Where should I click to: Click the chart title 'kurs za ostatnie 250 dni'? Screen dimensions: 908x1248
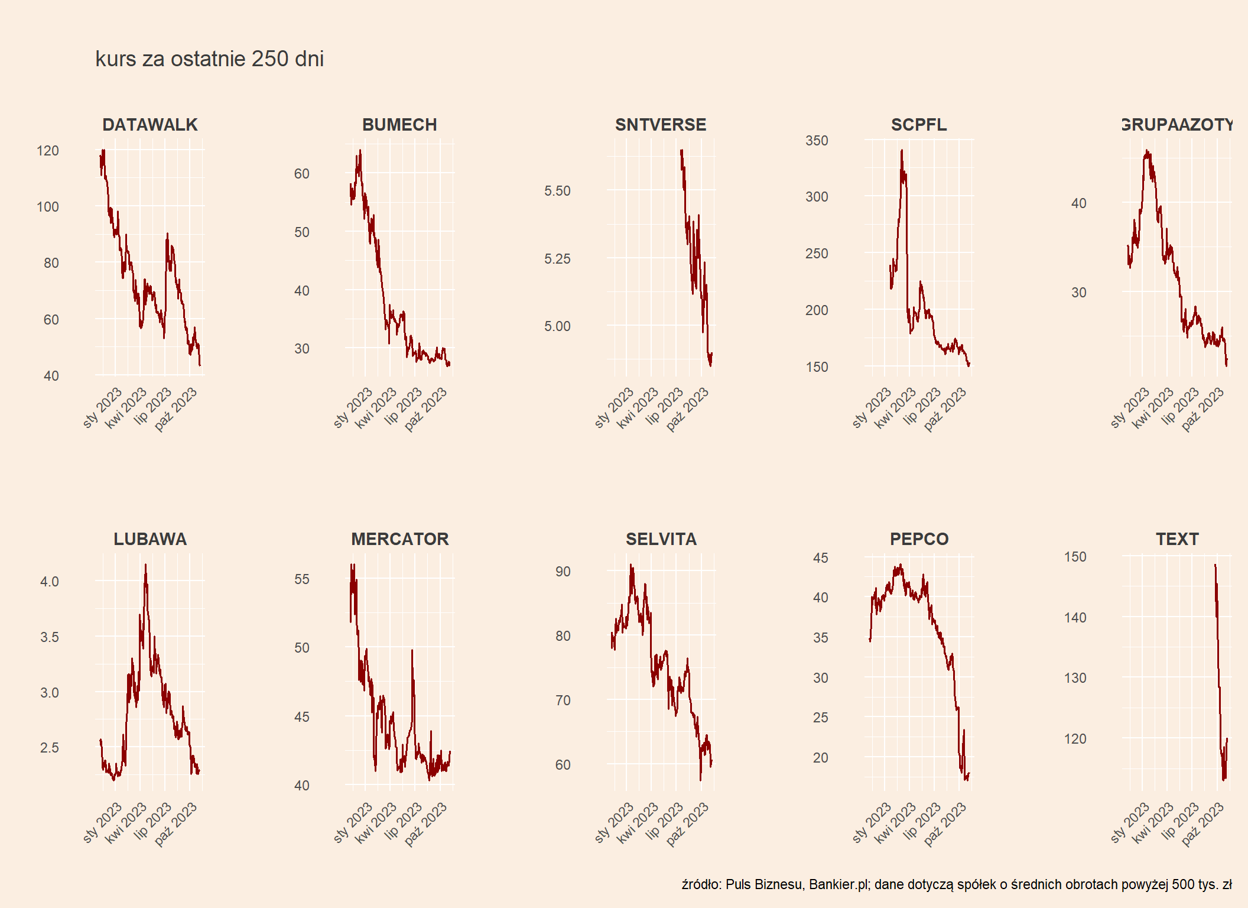pyautogui.click(x=209, y=59)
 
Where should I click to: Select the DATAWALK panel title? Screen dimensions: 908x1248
pyautogui.click(x=150, y=125)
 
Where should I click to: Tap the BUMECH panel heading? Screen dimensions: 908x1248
pyautogui.click(x=399, y=125)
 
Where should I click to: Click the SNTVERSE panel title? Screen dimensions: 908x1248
pyautogui.click(x=661, y=125)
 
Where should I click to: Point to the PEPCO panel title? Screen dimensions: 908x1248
pyautogui.click(x=919, y=539)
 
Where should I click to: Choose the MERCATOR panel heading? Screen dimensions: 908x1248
pyautogui.click(x=400, y=539)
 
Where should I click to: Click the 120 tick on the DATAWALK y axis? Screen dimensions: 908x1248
pyautogui.click(x=48, y=151)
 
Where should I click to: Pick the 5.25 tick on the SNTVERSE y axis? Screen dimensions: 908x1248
pyautogui.click(x=557, y=259)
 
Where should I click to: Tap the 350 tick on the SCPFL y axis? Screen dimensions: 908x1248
pyautogui.click(x=817, y=141)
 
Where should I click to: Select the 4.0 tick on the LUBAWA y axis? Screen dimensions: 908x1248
pyautogui.click(x=50, y=582)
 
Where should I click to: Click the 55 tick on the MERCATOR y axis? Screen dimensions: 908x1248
pyautogui.click(x=302, y=579)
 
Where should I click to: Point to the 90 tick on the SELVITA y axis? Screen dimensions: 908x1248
pyautogui.click(x=563, y=572)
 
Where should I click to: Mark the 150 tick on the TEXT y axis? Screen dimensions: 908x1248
pyautogui.click(x=1075, y=557)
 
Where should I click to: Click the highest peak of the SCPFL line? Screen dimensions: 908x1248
pyautogui.click(x=902, y=151)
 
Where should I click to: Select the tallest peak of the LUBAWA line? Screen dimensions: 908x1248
pyautogui.click(x=145, y=565)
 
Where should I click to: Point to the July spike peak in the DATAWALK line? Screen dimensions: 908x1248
pyautogui.click(x=167, y=234)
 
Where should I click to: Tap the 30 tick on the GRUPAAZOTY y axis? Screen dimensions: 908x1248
pyautogui.click(x=1079, y=293)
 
